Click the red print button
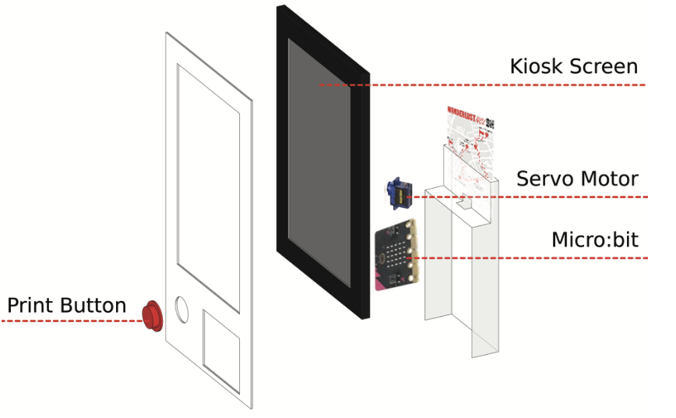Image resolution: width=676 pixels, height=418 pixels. (x=152, y=315)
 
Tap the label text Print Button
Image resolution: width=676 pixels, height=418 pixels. (x=66, y=306)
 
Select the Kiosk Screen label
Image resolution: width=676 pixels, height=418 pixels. (x=573, y=66)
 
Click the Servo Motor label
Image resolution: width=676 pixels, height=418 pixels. (x=577, y=179)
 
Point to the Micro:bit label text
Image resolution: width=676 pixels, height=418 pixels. (x=594, y=239)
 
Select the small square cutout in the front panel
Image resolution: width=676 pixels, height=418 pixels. (x=221, y=341)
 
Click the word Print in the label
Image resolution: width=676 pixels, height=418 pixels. (x=31, y=306)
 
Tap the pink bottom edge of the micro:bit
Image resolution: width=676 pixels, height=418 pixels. (x=389, y=286)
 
